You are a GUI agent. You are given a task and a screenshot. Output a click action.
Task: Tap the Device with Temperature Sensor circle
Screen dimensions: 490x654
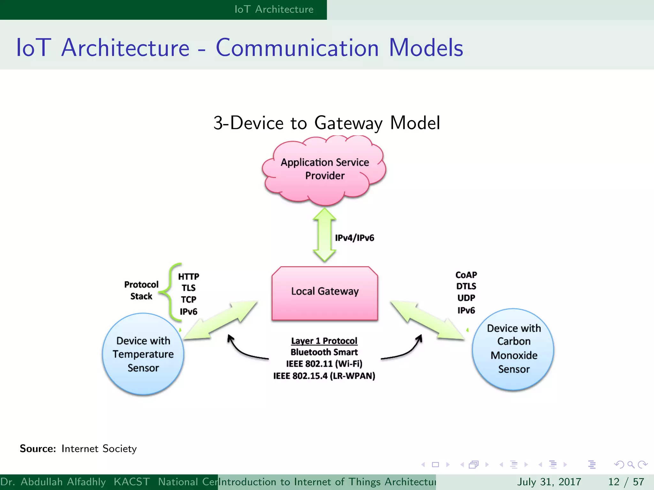pyautogui.click(x=143, y=354)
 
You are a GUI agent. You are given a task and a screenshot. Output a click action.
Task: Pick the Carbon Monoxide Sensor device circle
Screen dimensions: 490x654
pyautogui.click(x=513, y=349)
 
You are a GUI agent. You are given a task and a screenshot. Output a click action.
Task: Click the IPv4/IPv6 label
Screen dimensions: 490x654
pyautogui.click(x=354, y=238)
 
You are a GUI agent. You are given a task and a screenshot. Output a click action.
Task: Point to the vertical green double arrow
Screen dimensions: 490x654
pyautogui.click(x=324, y=235)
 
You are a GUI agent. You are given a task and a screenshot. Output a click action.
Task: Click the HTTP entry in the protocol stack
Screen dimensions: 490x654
pyautogui.click(x=188, y=276)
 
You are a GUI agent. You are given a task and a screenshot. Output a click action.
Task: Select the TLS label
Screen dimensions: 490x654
pyautogui.click(x=188, y=288)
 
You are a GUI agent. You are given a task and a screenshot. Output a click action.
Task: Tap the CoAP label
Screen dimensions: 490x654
pyautogui.click(x=466, y=275)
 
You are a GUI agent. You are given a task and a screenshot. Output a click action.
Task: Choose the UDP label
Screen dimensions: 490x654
pyautogui.click(x=466, y=298)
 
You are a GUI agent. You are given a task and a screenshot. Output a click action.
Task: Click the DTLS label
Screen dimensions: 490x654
pyautogui.click(x=466, y=286)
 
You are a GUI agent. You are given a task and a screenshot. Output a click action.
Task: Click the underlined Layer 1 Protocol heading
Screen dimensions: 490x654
pyautogui.click(x=324, y=341)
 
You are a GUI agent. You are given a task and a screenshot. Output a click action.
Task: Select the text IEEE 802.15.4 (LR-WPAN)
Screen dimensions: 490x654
pyautogui.click(x=324, y=376)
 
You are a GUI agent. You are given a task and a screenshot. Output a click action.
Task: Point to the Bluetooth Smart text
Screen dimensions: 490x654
pyautogui.click(x=324, y=352)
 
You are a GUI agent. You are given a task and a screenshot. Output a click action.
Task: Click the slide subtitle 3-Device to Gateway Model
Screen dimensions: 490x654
pyautogui.click(x=326, y=123)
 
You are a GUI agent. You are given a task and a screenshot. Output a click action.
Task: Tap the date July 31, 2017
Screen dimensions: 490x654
pyautogui.click(x=549, y=482)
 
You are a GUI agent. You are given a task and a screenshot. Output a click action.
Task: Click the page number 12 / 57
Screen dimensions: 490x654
pyautogui.click(x=626, y=482)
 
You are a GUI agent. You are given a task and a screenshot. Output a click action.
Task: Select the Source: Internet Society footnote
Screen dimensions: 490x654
pyautogui.click(x=78, y=449)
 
